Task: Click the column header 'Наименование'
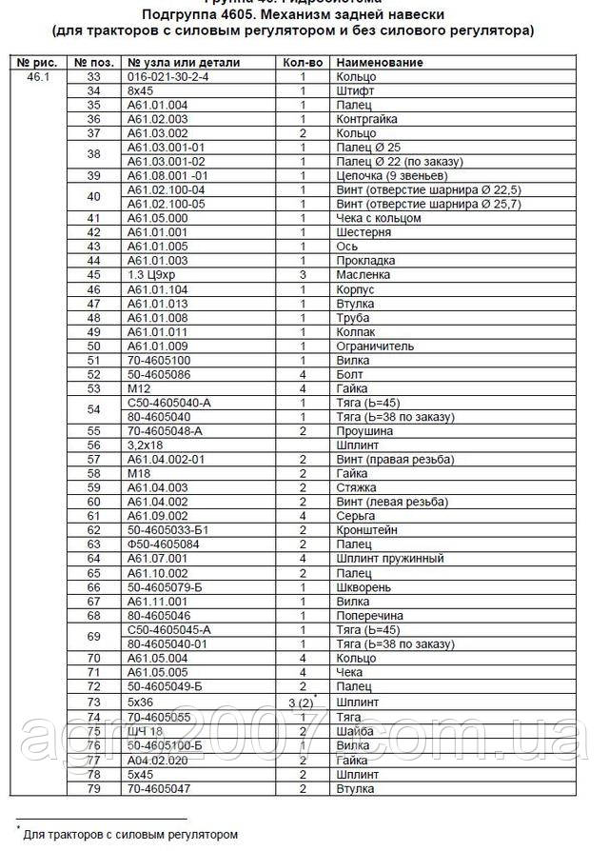(x=380, y=62)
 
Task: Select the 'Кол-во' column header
(x=303, y=62)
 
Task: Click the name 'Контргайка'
(x=364, y=119)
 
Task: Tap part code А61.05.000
(x=157, y=218)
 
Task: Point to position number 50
(x=93, y=346)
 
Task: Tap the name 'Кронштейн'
(x=366, y=529)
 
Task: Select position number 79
(x=93, y=788)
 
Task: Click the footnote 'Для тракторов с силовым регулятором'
(x=130, y=834)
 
